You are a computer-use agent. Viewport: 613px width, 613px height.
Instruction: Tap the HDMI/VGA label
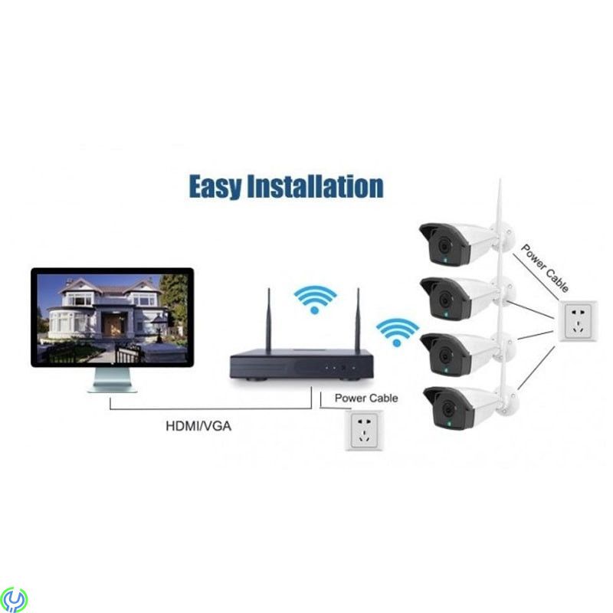(x=198, y=426)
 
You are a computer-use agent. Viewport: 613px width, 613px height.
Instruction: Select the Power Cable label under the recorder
(x=366, y=398)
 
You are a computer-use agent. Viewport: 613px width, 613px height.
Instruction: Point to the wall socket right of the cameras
(x=580, y=320)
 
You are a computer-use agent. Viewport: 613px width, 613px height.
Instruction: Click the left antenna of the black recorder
(x=269, y=321)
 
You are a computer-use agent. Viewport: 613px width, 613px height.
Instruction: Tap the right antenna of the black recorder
(x=357, y=321)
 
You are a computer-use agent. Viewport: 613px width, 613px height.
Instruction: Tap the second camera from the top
(x=460, y=297)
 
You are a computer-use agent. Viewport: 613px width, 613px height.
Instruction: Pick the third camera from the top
(x=460, y=352)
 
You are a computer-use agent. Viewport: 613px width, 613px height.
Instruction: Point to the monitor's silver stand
(x=111, y=379)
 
